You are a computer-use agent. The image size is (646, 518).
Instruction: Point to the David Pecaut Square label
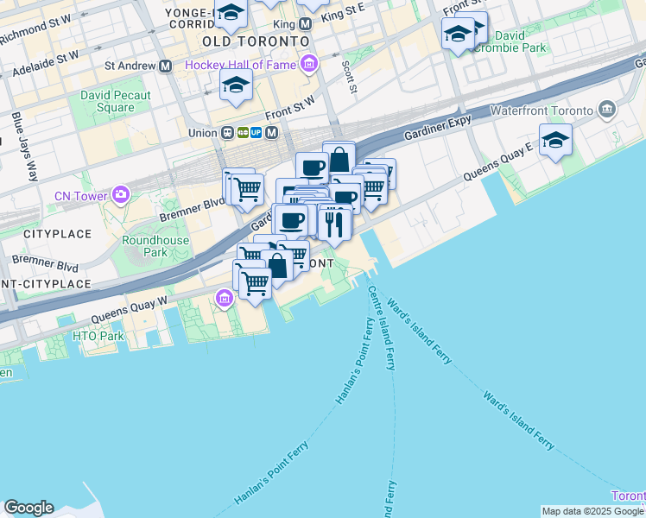coord(116,102)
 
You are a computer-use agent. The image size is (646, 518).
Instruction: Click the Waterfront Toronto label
coord(541,111)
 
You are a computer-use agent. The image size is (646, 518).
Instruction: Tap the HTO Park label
coord(98,336)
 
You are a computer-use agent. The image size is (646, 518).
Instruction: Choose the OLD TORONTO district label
coord(255,41)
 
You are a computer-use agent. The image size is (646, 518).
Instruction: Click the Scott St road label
coord(349,76)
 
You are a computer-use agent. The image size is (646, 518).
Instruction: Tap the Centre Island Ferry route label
coord(382,328)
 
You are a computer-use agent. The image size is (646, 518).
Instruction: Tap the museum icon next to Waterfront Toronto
coord(606,110)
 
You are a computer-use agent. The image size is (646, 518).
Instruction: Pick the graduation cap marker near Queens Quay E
coord(555,139)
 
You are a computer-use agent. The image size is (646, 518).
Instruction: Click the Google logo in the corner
coord(28,508)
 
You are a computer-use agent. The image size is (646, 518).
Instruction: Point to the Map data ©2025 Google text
coord(592,511)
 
